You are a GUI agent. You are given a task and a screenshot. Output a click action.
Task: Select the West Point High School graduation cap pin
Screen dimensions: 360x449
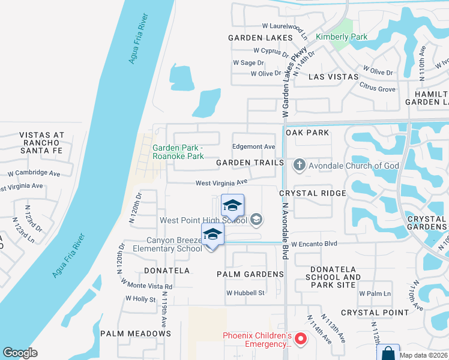(x=232, y=206)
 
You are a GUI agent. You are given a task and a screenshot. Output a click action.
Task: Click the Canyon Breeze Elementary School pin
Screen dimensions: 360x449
(x=212, y=234)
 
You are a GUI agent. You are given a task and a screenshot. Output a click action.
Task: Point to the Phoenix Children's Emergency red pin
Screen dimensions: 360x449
(x=301, y=340)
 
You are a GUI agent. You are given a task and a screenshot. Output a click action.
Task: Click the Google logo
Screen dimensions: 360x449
(x=20, y=352)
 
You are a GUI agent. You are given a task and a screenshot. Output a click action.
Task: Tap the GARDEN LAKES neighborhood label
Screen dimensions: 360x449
(x=260, y=37)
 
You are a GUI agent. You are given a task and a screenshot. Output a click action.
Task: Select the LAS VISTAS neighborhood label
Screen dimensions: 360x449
(x=333, y=77)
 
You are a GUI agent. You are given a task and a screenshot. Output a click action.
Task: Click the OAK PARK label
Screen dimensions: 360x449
(x=308, y=132)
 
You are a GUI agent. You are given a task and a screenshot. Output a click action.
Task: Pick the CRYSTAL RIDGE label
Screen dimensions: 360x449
(x=313, y=193)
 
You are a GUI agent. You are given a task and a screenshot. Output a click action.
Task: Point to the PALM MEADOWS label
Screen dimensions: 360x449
(x=135, y=333)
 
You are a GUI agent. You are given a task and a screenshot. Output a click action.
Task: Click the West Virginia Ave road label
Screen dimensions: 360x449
(x=221, y=182)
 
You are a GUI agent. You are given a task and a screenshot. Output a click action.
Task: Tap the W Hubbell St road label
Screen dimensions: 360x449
(x=245, y=293)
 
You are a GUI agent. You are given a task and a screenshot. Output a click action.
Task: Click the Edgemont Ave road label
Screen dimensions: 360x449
(x=253, y=146)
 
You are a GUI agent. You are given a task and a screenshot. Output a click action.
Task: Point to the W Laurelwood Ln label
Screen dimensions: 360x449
(x=285, y=26)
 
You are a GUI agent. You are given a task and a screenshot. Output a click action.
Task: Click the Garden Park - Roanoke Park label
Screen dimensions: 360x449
(x=178, y=152)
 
